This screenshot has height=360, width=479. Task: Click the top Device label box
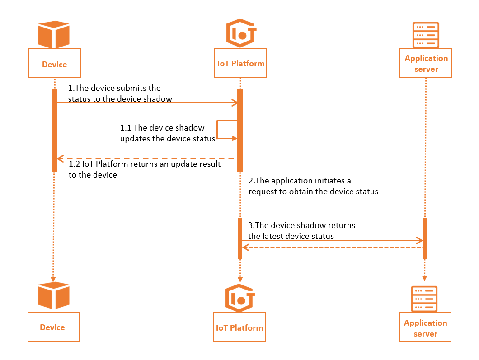[54, 64]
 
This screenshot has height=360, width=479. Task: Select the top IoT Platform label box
[239, 63]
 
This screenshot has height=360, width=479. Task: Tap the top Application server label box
[426, 63]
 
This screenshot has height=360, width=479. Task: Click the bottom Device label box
[53, 327]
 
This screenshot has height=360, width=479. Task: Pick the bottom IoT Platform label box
[239, 327]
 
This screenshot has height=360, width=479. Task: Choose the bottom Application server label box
[425, 327]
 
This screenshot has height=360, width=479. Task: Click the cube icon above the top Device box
[54, 34]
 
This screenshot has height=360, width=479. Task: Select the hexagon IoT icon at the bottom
[239, 298]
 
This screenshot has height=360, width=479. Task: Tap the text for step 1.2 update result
[144, 169]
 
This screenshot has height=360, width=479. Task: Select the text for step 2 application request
[313, 186]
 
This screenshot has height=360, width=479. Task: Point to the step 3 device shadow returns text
[301, 230]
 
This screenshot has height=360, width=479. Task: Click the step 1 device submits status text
[120, 93]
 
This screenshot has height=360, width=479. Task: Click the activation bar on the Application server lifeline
[425, 238]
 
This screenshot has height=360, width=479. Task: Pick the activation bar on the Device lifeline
[54, 131]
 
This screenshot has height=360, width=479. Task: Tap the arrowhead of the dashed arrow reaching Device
[60, 159]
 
